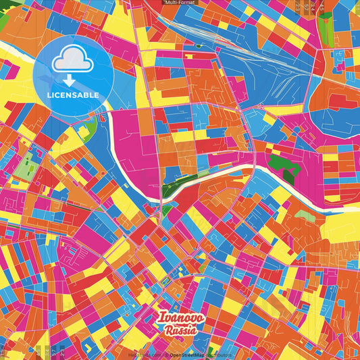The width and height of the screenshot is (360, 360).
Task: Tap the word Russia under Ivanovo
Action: tap(180, 330)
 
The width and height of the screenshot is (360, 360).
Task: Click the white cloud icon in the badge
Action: tap(72, 63)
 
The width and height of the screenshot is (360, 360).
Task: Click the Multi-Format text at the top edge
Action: tap(180, 3)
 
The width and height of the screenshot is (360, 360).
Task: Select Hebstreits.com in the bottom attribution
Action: tap(145, 355)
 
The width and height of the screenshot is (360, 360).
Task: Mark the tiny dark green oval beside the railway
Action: tap(199, 46)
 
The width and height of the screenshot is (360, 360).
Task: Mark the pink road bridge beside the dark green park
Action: tap(254, 165)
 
